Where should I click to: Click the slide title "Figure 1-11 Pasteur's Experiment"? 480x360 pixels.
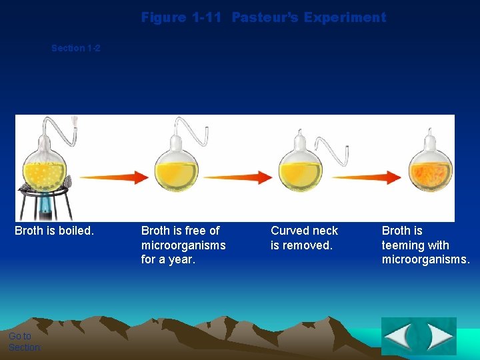point(263,17)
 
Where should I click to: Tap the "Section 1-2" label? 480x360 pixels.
point(76,48)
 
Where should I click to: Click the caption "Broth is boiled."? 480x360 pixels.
point(55,231)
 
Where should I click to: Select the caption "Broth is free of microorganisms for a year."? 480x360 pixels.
point(183,245)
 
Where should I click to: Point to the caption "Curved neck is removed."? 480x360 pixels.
point(304,238)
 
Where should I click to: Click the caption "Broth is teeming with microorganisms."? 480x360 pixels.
point(425,245)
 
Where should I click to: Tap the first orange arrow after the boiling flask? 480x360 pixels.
point(113,177)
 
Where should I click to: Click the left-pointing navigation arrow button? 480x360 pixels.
point(399,337)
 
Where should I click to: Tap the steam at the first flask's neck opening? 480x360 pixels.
point(75,122)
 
